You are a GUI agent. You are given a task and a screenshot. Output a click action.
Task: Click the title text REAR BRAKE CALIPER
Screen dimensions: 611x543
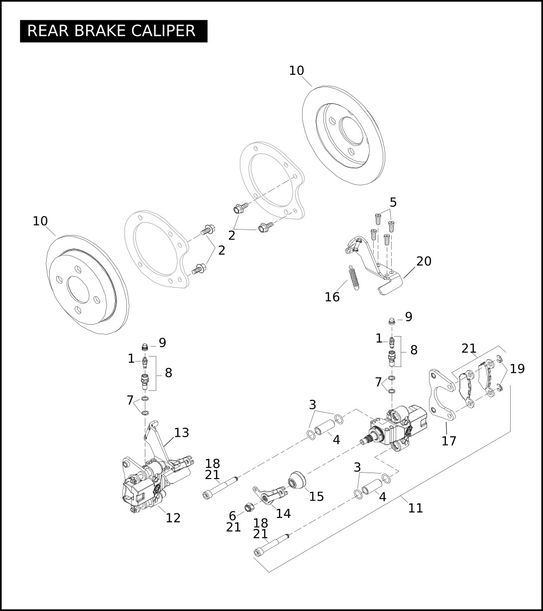(111, 31)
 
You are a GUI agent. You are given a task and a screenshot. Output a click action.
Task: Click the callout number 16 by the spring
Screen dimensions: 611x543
(332, 297)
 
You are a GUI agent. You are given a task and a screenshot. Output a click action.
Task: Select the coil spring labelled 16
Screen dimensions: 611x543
(353, 276)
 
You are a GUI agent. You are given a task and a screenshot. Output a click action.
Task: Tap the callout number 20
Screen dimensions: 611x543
(424, 261)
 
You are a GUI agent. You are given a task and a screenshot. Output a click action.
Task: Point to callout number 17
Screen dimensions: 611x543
(449, 441)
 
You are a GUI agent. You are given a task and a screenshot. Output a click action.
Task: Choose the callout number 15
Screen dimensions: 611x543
(317, 496)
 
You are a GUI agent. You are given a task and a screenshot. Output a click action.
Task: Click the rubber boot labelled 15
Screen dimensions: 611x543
(298, 481)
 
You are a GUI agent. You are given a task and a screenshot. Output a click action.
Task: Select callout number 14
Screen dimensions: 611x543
(283, 513)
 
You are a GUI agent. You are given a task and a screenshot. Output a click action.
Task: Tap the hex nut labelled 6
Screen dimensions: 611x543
(248, 508)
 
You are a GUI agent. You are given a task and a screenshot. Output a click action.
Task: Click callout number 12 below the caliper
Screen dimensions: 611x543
(173, 518)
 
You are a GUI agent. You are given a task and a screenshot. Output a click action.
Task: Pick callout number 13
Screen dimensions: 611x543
(182, 433)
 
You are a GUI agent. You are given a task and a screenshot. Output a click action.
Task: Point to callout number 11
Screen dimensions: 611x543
(416, 508)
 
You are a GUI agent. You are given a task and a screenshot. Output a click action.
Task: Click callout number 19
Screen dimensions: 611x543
(517, 369)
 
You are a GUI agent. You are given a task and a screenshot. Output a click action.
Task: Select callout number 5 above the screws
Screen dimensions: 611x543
(393, 203)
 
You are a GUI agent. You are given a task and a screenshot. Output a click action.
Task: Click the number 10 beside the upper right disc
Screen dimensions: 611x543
(296, 71)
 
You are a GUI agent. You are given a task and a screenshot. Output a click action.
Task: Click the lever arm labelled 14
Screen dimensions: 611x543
(269, 495)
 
